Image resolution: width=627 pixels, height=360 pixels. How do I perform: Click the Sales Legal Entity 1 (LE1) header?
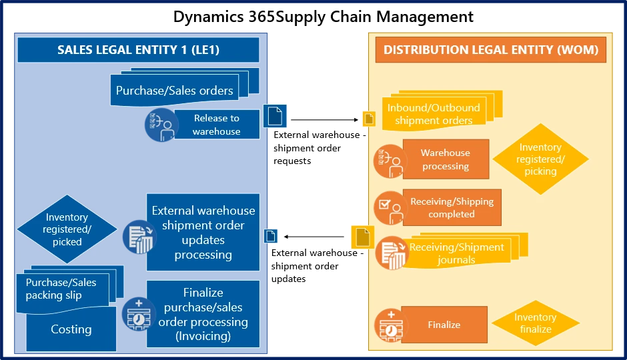pyautogui.click(x=138, y=50)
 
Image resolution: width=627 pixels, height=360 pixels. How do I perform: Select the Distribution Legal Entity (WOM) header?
pyautogui.click(x=490, y=50)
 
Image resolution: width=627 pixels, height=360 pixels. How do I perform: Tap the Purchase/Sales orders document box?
pyautogui.click(x=175, y=90)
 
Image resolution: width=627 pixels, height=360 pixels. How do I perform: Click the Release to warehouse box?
pyautogui.click(x=216, y=125)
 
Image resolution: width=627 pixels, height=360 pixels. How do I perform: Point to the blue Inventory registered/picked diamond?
pyautogui.click(x=67, y=229)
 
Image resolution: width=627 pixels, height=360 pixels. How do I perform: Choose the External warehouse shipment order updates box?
pyautogui.click(x=203, y=232)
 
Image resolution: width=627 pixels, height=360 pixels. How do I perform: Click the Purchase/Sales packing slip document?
pyautogui.click(x=61, y=289)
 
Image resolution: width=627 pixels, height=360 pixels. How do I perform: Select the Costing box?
pyautogui.click(x=71, y=329)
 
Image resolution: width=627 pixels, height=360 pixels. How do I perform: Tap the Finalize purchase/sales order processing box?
pyautogui.click(x=203, y=313)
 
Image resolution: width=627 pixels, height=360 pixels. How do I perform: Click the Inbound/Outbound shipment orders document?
pyautogui.click(x=434, y=113)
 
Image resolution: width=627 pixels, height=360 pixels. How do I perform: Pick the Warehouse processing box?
pyautogui.click(x=446, y=159)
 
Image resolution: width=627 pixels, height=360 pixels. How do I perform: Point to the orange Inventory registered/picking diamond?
pyautogui.click(x=540, y=159)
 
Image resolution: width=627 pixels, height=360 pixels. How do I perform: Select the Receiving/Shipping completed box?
pyautogui.click(x=452, y=207)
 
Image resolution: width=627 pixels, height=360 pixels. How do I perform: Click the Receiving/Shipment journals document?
pyautogui.click(x=457, y=253)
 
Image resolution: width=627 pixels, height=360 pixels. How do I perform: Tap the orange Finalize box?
pyautogui.click(x=444, y=325)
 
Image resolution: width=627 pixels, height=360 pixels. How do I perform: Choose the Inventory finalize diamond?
pyautogui.click(x=536, y=323)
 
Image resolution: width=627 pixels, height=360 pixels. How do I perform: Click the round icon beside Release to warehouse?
pyautogui.click(x=161, y=125)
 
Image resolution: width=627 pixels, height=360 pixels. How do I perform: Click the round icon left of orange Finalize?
pyautogui.click(x=390, y=325)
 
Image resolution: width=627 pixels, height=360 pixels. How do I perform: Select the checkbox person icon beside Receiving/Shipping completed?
pyautogui.click(x=390, y=207)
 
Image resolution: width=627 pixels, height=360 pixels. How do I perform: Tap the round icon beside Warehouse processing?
pyautogui.click(x=390, y=161)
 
